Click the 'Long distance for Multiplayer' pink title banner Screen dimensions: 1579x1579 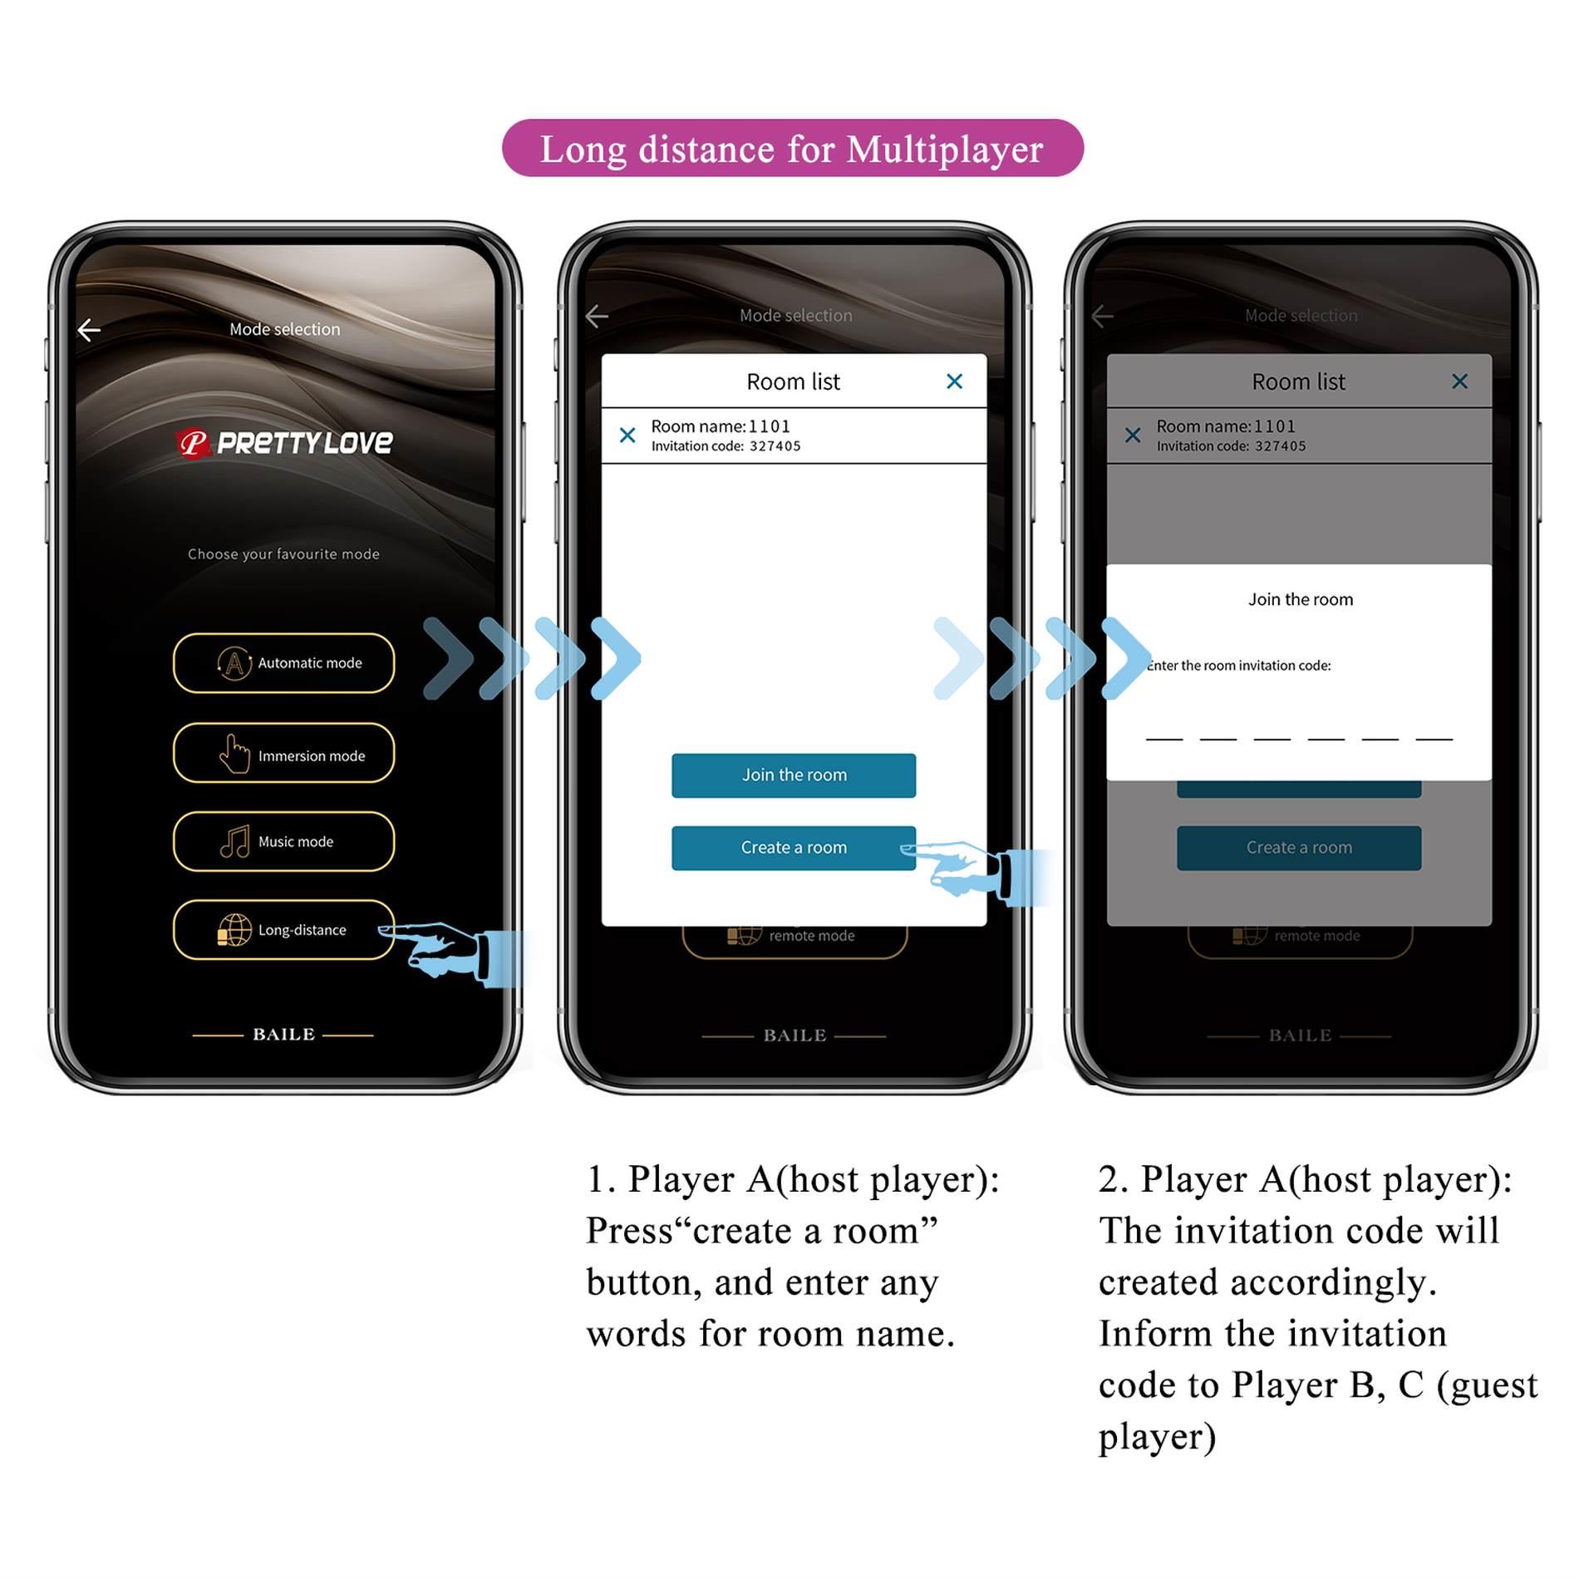pyautogui.click(x=791, y=148)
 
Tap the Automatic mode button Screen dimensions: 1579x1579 pyautogui.click(x=283, y=662)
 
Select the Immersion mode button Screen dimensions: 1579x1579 pyautogui.click(x=283, y=753)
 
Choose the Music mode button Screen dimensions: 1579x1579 pyautogui.click(x=283, y=841)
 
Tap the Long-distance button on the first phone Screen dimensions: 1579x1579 pyautogui.click(x=283, y=929)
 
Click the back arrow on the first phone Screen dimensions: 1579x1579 pyautogui.click(x=89, y=330)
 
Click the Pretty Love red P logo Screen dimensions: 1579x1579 pyautogui.click(x=193, y=442)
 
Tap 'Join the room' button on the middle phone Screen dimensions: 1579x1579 pyautogui.click(x=793, y=775)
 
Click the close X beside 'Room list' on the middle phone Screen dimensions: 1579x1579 pyautogui.click(x=953, y=381)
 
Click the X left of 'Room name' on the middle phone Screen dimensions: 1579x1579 pyautogui.click(x=627, y=435)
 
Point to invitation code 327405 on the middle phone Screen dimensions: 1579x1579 pyautogui.click(x=774, y=446)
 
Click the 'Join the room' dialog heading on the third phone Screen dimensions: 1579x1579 pyautogui.click(x=1299, y=599)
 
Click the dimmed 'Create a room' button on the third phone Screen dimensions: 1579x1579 pyautogui.click(x=1298, y=847)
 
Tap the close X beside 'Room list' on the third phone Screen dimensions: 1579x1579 pyautogui.click(x=1458, y=381)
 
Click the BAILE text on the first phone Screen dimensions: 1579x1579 pyautogui.click(x=283, y=1034)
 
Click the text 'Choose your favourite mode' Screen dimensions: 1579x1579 pyautogui.click(x=283, y=553)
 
